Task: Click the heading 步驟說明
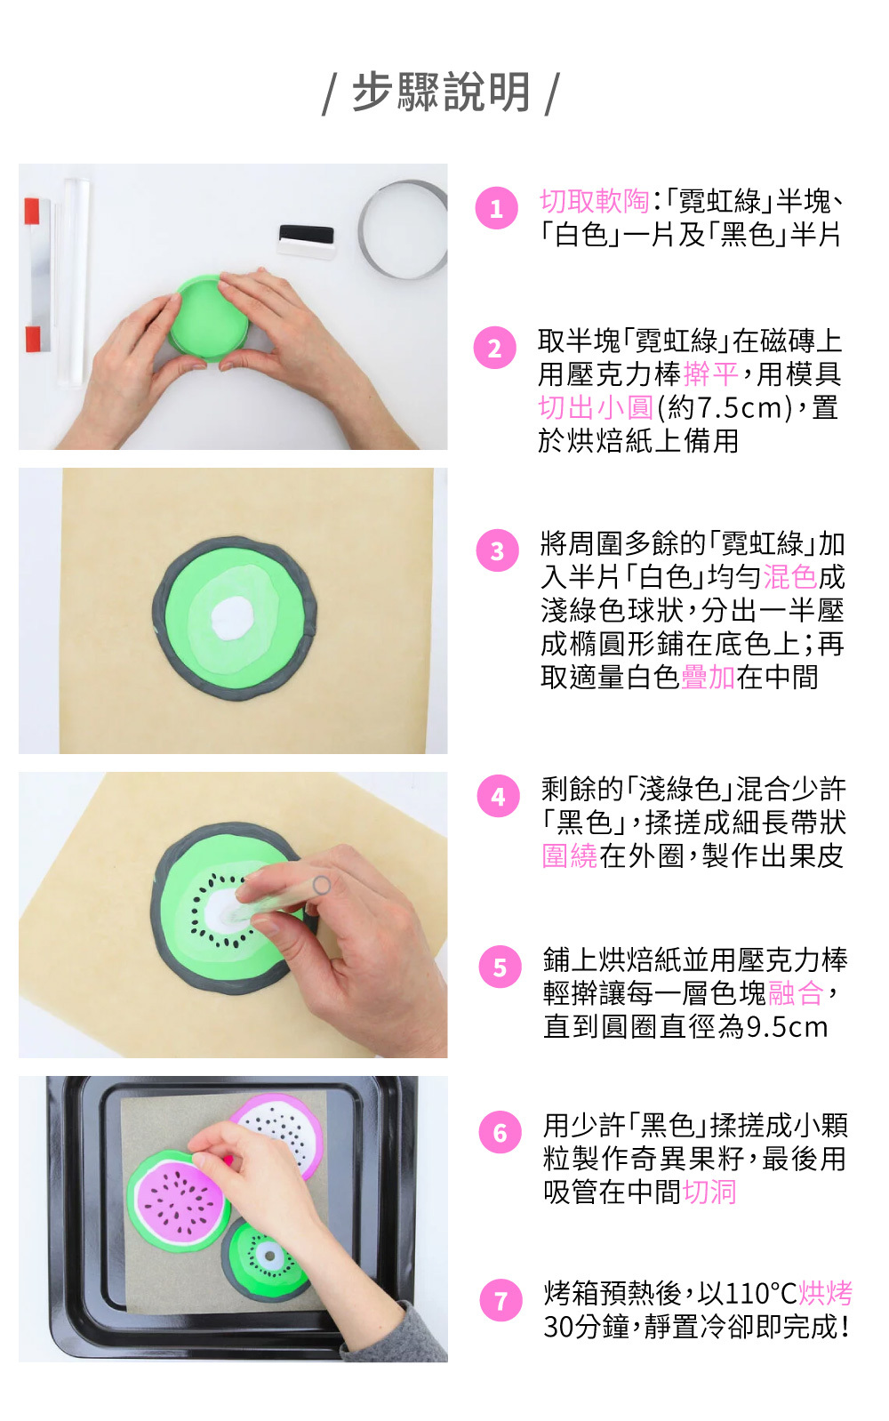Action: pyautogui.click(x=441, y=92)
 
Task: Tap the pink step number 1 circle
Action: pyautogui.click(x=496, y=207)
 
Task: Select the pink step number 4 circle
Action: pyautogui.click(x=499, y=796)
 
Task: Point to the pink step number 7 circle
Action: pyautogui.click(x=501, y=1300)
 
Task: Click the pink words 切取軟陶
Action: pyautogui.click(x=594, y=201)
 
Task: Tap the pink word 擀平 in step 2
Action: pyautogui.click(x=711, y=374)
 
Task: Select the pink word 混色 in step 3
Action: pyautogui.click(x=790, y=576)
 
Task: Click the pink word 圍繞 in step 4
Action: pyautogui.click(x=570, y=855)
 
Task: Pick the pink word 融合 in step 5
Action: pyautogui.click(x=795, y=993)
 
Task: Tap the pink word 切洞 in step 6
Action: pyautogui.click(x=709, y=1192)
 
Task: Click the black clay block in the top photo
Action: pyautogui.click(x=307, y=234)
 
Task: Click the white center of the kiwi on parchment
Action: pyautogui.click(x=232, y=619)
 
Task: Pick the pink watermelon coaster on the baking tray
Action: pyautogui.click(x=179, y=1200)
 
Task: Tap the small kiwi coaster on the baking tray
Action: pyautogui.click(x=265, y=1258)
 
